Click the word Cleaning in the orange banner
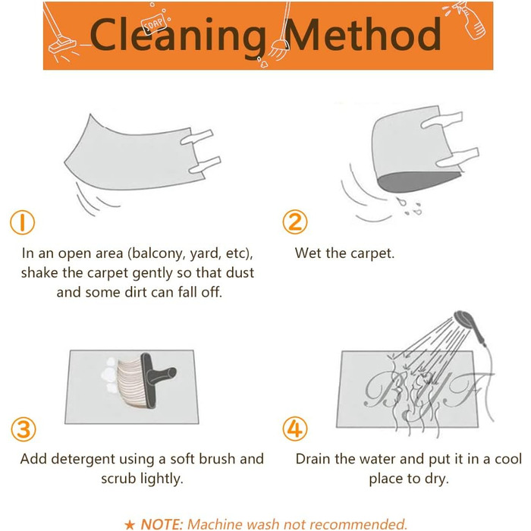178,36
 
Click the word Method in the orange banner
363,34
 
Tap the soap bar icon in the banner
155,24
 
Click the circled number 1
22,222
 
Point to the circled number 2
295,222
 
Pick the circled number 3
24,429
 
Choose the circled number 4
295,429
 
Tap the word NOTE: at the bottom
162,524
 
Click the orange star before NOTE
130,525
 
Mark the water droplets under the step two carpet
409,207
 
